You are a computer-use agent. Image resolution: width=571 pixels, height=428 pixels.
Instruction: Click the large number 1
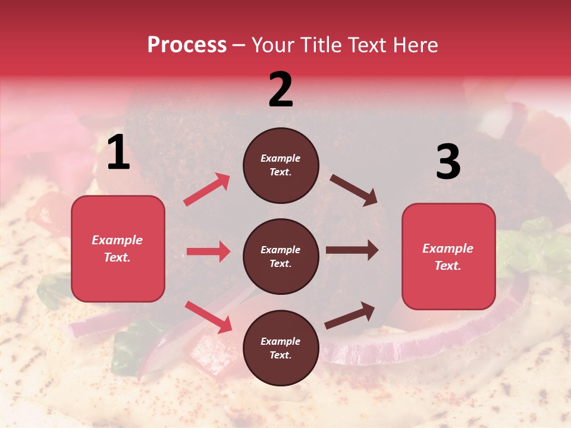click(118, 153)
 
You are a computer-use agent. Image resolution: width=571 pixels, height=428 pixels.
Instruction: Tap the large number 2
click(281, 90)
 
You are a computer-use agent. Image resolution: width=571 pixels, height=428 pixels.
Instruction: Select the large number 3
click(448, 163)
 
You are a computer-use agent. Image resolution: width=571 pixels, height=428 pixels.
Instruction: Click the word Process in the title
click(187, 45)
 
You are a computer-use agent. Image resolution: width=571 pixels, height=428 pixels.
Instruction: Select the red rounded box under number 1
click(118, 248)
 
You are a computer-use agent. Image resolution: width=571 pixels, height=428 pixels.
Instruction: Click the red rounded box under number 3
click(448, 256)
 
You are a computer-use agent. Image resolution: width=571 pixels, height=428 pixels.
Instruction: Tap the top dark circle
click(281, 165)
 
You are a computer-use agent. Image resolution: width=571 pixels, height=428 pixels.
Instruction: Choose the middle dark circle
click(281, 256)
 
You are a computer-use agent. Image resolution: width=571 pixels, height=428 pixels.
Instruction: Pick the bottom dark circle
click(281, 348)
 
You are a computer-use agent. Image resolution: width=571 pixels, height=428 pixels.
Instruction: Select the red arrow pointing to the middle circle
click(208, 251)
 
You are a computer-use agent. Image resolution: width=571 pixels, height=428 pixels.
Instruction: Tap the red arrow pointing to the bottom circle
click(208, 317)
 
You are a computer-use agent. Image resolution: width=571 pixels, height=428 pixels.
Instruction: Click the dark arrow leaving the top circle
click(354, 190)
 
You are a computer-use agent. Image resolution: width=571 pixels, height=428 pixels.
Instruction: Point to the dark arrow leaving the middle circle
click(352, 250)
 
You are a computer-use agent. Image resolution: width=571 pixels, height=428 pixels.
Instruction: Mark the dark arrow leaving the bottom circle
click(350, 315)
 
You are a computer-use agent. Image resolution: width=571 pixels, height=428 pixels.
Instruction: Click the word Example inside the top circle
click(281, 158)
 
